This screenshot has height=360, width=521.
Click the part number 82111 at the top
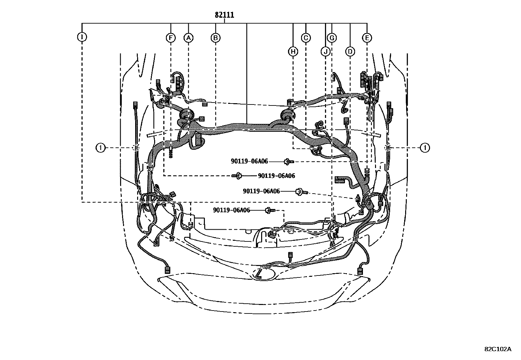pos(225,15)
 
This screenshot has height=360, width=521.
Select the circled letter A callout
pos(188,38)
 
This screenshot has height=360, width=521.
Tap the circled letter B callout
pos(215,38)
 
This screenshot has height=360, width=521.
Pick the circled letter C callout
pos(306,38)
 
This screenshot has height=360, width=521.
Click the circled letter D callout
pos(350,51)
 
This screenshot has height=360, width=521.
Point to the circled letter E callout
pos(367,38)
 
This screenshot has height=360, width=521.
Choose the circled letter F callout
pos(170,38)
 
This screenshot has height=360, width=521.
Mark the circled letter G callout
pos(332,38)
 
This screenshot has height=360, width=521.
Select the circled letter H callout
pos(293,51)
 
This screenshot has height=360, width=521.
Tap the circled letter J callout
pos(325,51)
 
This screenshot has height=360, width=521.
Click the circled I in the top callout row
pos(82,37)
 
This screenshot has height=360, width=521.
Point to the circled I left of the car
pos(100,148)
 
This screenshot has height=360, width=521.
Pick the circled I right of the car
pos(425,148)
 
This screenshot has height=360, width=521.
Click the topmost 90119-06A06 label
pos(249,161)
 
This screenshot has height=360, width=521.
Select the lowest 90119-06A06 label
pos(231,210)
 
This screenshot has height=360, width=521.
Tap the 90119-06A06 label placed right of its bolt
pos(276,176)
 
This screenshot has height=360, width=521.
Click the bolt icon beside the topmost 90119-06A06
pos(288,161)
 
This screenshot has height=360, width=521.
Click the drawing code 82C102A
pos(497,349)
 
